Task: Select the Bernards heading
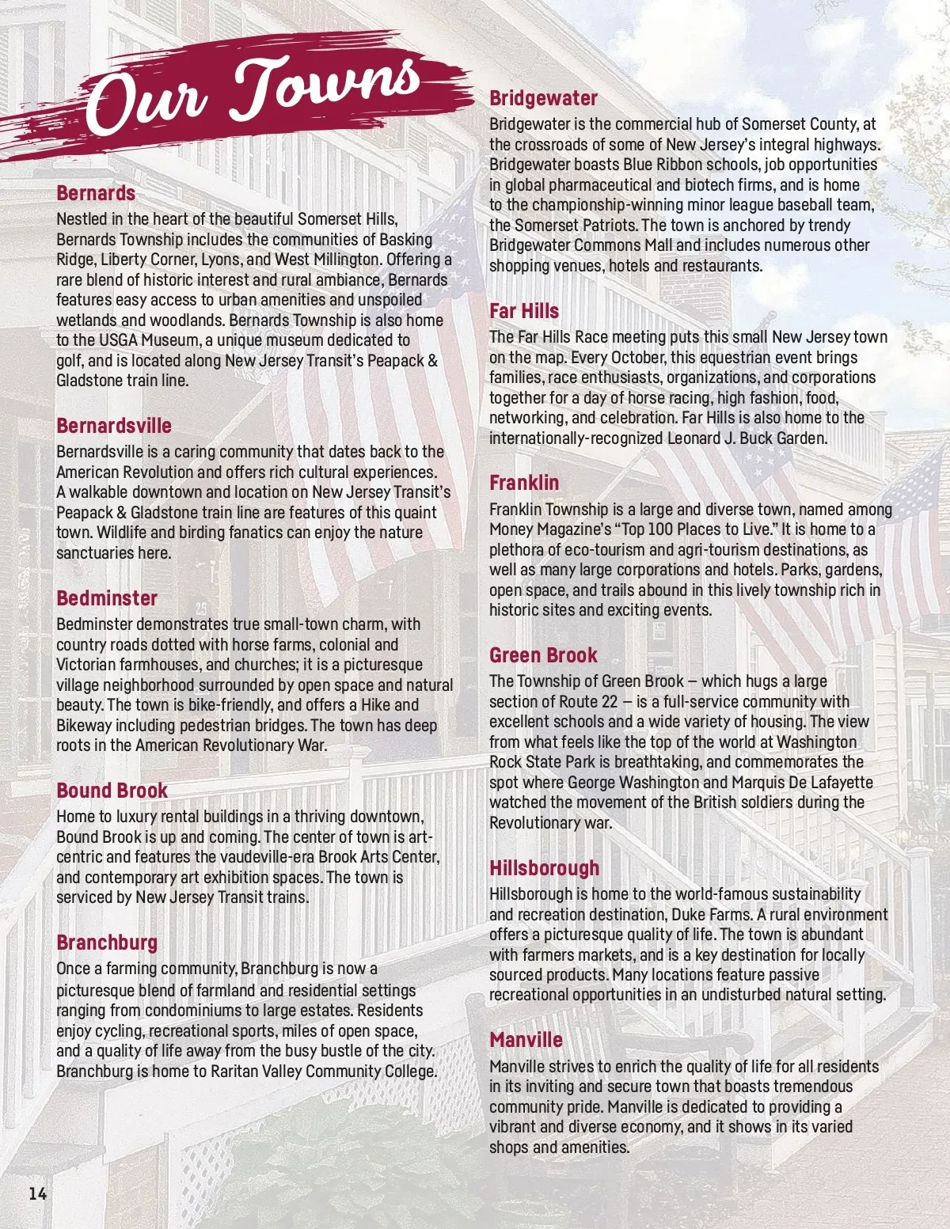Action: click(x=96, y=193)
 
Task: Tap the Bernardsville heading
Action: click(x=114, y=426)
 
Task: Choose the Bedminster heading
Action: click(x=107, y=598)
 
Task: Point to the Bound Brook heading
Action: click(x=112, y=791)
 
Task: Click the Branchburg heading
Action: click(x=107, y=943)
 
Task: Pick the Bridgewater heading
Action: click(x=543, y=98)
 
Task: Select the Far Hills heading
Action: click(x=524, y=311)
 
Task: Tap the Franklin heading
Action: click(x=524, y=483)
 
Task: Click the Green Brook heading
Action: click(x=543, y=655)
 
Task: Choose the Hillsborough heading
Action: click(x=545, y=868)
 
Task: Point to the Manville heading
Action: click(x=526, y=1040)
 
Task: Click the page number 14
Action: click(x=37, y=1194)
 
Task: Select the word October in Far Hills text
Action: click(x=640, y=358)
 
